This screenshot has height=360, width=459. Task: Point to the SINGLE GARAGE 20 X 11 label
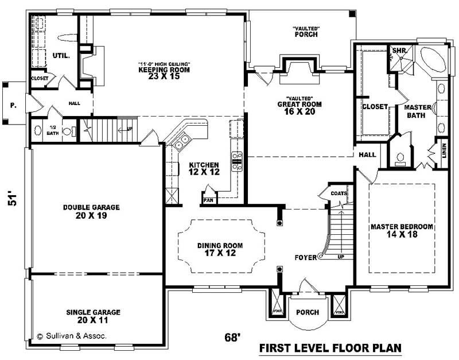pos(93,316)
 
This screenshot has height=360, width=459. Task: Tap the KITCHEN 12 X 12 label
pos(204,168)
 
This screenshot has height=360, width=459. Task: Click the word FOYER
pos(305,257)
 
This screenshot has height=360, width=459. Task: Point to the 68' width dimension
pos(231,338)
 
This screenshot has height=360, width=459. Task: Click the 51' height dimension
pos(14,198)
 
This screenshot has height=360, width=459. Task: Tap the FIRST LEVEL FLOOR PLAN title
pos(330,348)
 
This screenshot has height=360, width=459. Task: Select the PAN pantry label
pos(208,200)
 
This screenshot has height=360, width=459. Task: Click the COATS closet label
pos(339,193)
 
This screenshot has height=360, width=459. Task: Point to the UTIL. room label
pos(61,56)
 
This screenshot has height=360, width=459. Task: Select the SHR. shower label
pos(399,51)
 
